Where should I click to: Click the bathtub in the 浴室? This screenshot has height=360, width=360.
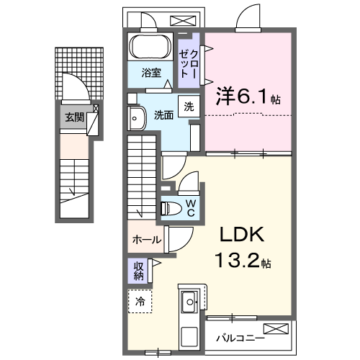pyautogui.click(x=150, y=47)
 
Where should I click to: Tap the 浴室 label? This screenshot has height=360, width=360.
pyautogui.click(x=151, y=73)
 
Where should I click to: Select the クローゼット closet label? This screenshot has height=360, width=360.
pyautogui.click(x=189, y=64)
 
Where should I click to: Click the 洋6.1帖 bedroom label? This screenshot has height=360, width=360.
pyautogui.click(x=248, y=96)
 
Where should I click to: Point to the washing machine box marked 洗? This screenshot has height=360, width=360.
pyautogui.click(x=189, y=107)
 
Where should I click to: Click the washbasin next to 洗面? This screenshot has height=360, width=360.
pyautogui.click(x=137, y=118)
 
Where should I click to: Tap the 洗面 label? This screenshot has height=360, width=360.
pyautogui.click(x=163, y=115)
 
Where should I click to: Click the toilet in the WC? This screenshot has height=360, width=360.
pyautogui.click(x=171, y=208)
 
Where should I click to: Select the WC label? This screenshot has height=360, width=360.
pyautogui.click(x=191, y=208)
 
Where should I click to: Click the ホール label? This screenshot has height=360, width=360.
pyautogui.click(x=147, y=240)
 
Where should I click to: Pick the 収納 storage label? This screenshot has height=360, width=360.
pyautogui.click(x=139, y=271)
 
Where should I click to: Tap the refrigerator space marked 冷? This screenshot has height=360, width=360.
pyautogui.click(x=140, y=301)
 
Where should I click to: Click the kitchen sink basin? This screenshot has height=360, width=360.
pyautogui.click(x=189, y=302)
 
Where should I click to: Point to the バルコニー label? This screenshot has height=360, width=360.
pyautogui.click(x=240, y=338)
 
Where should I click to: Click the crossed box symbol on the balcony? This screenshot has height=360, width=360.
pyautogui.click(x=276, y=329)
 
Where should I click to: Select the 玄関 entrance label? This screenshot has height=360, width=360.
pyautogui.click(x=75, y=117)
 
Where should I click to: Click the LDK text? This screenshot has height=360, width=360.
pyautogui.click(x=242, y=235)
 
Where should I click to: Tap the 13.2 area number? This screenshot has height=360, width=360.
pyautogui.click(x=237, y=261)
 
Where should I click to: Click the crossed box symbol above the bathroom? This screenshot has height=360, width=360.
pyautogui.click(x=183, y=21)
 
